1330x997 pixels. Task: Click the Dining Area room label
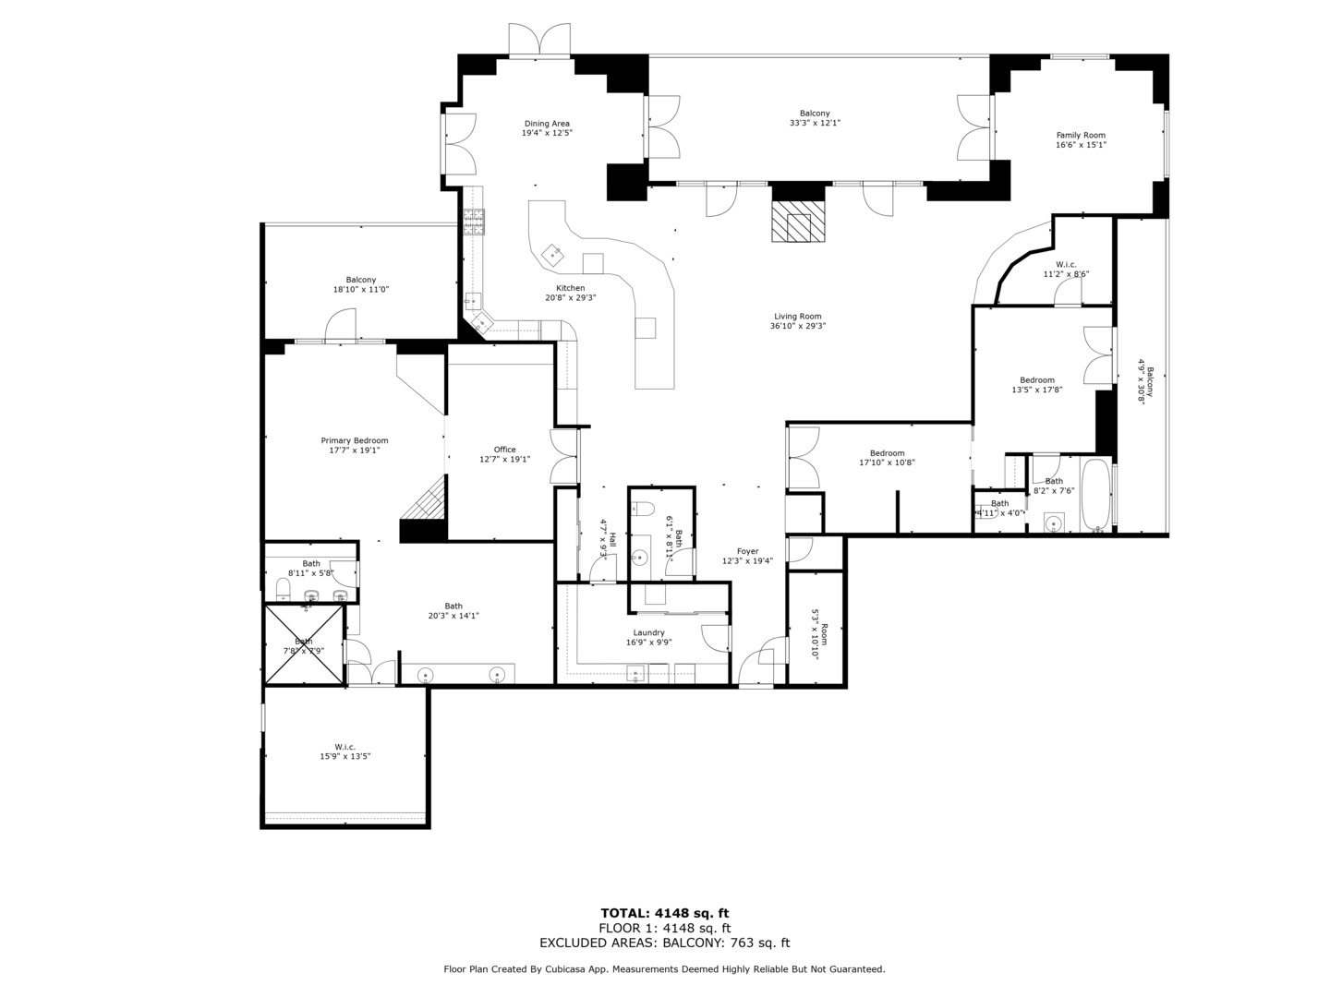(547, 124)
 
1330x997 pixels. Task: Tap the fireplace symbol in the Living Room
(797, 222)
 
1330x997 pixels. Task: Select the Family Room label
(1081, 135)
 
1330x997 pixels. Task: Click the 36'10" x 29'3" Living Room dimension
(797, 326)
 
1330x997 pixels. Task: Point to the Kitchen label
(570, 288)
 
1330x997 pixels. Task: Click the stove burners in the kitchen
(474, 222)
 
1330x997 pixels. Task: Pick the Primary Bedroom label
(355, 440)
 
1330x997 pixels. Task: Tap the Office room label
(504, 450)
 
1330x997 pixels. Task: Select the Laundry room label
(648, 632)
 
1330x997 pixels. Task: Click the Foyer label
(747, 551)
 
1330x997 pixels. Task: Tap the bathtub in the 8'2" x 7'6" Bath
(1097, 496)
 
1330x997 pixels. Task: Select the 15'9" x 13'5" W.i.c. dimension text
(345, 756)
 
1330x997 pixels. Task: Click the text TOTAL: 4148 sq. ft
(664, 913)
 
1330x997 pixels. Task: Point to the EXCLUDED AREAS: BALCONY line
(664, 943)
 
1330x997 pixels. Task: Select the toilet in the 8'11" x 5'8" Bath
(283, 588)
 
